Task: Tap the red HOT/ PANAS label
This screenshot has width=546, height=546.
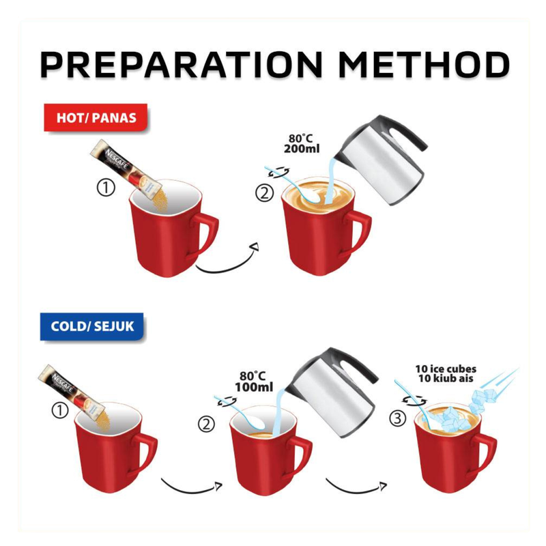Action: coord(96,117)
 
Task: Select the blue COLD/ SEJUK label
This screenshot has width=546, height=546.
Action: coord(92,326)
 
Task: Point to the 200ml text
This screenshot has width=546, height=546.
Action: coord(302,149)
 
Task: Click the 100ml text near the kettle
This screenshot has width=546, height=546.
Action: coord(254,387)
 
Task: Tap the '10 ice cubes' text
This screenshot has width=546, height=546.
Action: coord(446,369)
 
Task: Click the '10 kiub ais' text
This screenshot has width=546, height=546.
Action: coord(446,379)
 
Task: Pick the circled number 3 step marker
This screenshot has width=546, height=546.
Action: coord(398,418)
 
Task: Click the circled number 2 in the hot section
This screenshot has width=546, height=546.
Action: coord(265,193)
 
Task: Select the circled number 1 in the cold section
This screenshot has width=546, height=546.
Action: coord(60,410)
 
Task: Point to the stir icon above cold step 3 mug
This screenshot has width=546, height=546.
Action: coord(414,401)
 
